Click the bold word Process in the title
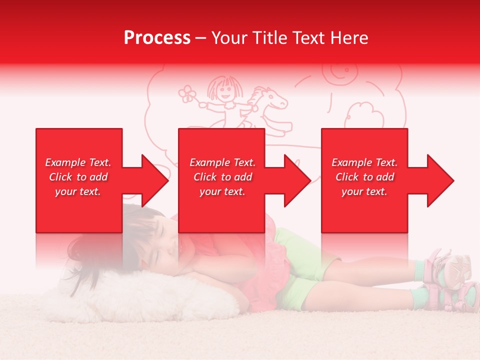pyautogui.click(x=157, y=37)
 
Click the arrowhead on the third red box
pyautogui.click(x=438, y=180)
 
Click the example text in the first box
pyautogui.click(x=78, y=177)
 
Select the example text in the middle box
pyautogui.click(x=222, y=177)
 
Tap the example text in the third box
pyautogui.click(x=364, y=177)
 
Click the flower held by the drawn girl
pyautogui.click(x=187, y=93)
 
